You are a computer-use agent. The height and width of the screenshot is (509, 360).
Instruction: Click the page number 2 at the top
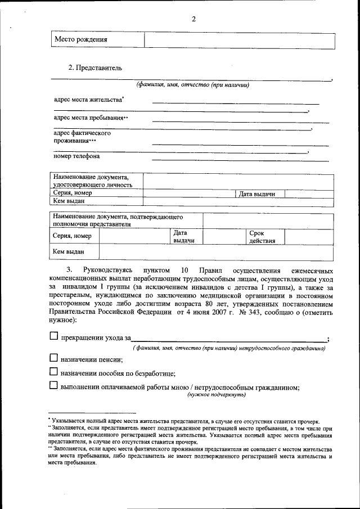(193, 19)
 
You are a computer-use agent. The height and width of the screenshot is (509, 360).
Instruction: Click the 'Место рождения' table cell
(80, 40)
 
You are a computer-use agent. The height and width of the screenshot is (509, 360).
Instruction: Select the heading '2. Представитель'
(95, 68)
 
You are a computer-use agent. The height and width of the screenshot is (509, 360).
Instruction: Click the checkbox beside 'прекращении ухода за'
(53, 336)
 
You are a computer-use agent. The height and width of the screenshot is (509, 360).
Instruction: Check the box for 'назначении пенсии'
(53, 357)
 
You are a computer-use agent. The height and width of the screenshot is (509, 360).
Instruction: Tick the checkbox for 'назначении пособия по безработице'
(53, 371)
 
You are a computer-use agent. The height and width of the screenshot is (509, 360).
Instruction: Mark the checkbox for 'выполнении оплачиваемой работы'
(53, 385)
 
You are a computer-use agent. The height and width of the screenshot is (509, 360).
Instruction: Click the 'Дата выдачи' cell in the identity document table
(257, 194)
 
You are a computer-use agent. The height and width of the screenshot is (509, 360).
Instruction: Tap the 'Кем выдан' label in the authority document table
(69, 252)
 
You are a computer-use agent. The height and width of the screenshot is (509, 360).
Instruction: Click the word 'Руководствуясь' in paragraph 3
(108, 271)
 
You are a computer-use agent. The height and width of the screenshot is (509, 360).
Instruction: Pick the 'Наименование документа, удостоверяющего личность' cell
(93, 181)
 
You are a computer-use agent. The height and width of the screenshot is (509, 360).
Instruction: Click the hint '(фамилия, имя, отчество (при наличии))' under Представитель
(192, 85)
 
